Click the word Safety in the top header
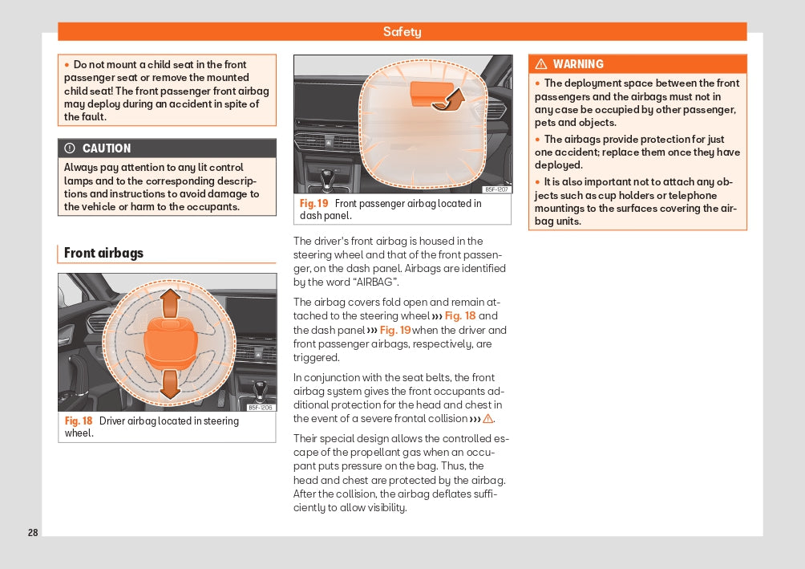(402, 32)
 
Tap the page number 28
(33, 533)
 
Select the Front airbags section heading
(103, 253)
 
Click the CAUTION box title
(106, 148)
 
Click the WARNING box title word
(578, 64)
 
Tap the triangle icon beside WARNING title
(541, 64)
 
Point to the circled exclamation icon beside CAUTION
(70, 148)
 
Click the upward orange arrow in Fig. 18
(169, 303)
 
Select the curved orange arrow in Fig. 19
(454, 100)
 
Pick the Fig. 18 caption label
(79, 421)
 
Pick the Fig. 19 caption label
(314, 203)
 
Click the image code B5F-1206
(261, 407)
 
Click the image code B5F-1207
(496, 189)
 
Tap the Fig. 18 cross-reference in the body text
(460, 315)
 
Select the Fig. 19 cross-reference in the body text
(394, 330)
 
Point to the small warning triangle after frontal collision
(487, 419)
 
